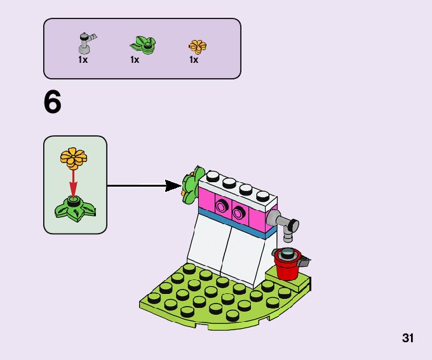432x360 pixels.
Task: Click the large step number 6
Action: (x=53, y=103)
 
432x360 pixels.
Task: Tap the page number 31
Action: (x=408, y=338)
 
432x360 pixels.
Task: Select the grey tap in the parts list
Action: (x=85, y=43)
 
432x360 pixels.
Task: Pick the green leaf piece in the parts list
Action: (x=144, y=45)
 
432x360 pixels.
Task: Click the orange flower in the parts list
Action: (x=198, y=46)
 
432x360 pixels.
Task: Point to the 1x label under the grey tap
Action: (x=83, y=60)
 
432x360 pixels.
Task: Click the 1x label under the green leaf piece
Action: (x=135, y=60)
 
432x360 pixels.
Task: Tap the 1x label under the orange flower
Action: (x=193, y=60)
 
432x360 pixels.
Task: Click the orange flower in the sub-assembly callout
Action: (x=73, y=157)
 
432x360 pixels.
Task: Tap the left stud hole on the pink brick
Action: (x=222, y=204)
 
